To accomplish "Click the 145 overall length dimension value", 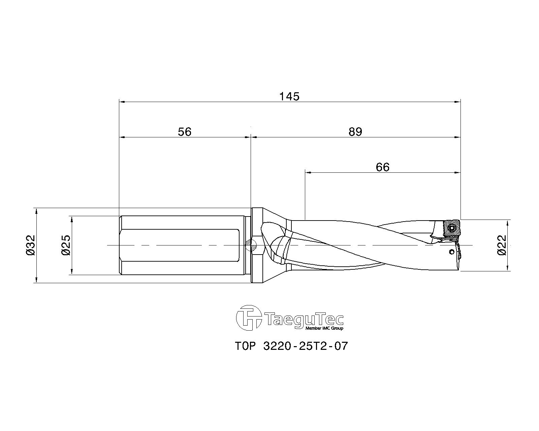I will click(289, 97).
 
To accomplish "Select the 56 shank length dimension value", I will click(184, 132).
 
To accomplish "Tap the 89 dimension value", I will click(355, 132).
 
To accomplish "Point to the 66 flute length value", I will click(382, 167).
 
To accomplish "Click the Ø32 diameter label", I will click(31, 245).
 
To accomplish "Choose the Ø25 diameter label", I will click(66, 245).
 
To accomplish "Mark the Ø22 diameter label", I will click(502, 245).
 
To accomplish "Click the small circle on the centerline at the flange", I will click(251, 245).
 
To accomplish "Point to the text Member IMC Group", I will click(324, 328).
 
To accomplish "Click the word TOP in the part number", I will click(246, 346).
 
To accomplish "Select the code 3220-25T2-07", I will click(305, 346).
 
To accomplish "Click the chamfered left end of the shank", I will click(121, 245).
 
